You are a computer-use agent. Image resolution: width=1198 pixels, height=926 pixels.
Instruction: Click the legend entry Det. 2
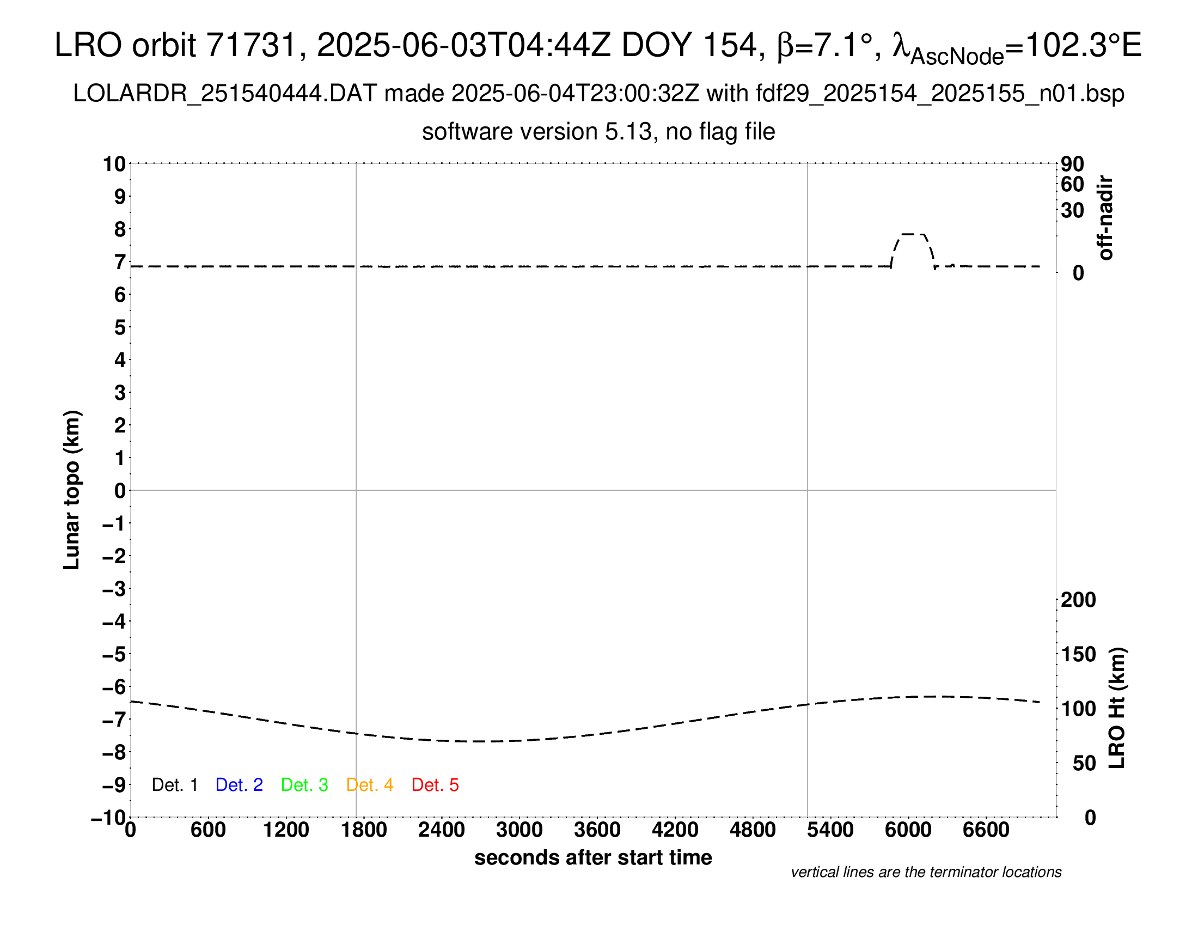pos(239,785)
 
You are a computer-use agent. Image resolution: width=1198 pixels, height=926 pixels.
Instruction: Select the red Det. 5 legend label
pos(435,785)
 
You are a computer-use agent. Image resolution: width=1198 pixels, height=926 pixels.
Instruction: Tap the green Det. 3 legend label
pos(304,785)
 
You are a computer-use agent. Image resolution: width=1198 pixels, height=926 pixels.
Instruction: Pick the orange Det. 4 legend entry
pos(370,785)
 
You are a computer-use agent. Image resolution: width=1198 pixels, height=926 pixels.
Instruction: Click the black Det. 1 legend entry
pos(174,785)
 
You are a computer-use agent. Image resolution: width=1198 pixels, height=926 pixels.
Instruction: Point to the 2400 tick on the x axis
pos(442,830)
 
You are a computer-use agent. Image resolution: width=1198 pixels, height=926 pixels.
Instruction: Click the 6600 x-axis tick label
pos(986,830)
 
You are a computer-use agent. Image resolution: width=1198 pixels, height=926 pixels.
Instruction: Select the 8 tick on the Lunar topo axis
pos(120,229)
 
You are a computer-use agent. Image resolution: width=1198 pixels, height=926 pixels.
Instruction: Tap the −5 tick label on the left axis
pos(114,654)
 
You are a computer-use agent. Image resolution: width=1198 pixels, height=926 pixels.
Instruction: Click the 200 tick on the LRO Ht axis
pos(1078,600)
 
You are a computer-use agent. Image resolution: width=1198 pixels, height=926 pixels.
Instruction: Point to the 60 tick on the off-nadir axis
pos(1072,184)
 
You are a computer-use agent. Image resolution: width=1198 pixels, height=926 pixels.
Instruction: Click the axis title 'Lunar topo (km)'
pos(72,490)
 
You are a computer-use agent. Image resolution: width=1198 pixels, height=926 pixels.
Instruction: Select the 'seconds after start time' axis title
pos(593,857)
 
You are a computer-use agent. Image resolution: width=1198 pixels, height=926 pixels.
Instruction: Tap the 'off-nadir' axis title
pos(1106,218)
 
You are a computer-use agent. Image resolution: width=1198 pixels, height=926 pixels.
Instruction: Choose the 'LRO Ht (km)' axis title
pos(1117,708)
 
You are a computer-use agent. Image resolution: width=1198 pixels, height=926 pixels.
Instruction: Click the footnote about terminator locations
pos(926,872)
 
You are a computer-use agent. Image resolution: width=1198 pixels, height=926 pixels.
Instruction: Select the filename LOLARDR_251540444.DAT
pos(224,94)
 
